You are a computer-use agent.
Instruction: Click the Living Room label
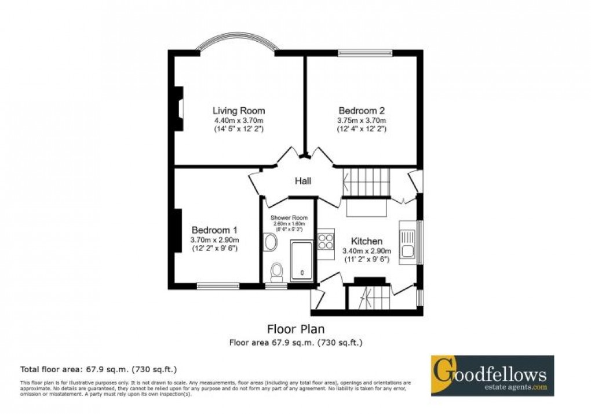click(238, 110)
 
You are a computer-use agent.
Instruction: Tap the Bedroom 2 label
click(362, 110)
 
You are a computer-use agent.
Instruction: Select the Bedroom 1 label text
click(215, 229)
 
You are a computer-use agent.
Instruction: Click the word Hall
click(303, 181)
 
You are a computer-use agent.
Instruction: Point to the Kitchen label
click(366, 241)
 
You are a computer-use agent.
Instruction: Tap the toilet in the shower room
click(278, 271)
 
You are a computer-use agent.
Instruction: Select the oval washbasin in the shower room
click(270, 242)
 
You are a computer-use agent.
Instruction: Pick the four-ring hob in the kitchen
click(326, 241)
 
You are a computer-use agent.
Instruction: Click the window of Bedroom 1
click(217, 285)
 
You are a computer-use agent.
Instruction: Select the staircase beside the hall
click(367, 181)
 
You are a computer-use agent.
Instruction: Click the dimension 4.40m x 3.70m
click(238, 120)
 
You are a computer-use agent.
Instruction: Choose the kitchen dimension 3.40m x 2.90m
click(367, 250)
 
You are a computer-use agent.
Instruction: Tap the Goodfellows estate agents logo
click(492, 375)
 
